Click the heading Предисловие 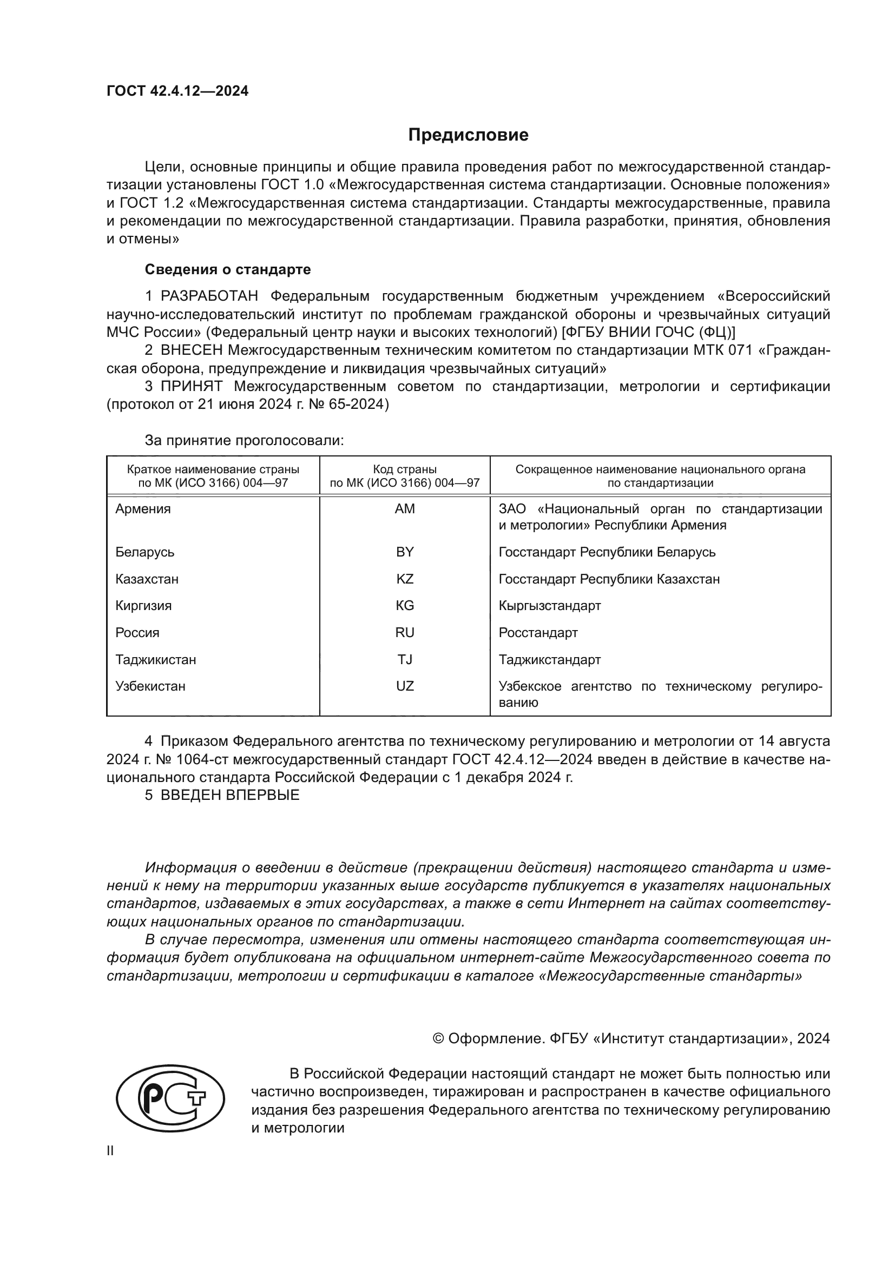pos(468,135)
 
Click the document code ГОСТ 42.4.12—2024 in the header pos(177,91)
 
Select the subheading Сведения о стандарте pos(228,269)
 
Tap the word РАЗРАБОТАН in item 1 pos(209,296)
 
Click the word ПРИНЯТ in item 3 pos(192,386)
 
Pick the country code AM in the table pos(405,509)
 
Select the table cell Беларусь pos(145,552)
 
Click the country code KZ pos(405,579)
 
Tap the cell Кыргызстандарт pos(549,606)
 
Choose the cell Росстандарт pos(538,633)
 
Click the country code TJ pos(405,659)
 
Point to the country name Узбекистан pos(150,686)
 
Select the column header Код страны pos(405,469)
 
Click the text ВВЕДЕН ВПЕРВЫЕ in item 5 pos(230,795)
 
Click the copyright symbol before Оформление pos(439,1039)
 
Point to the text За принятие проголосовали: pos(244,440)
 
